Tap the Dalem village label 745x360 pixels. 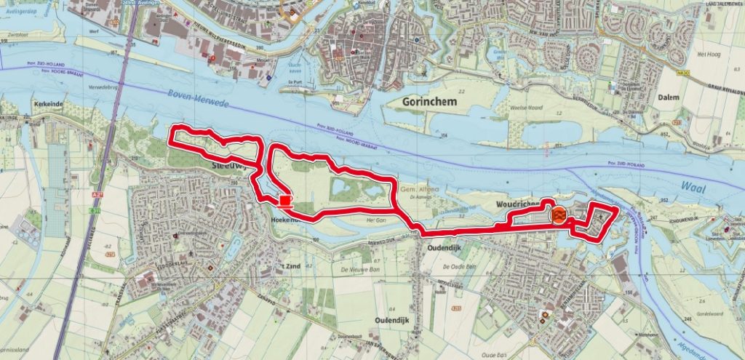666,97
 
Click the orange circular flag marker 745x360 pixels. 558,215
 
